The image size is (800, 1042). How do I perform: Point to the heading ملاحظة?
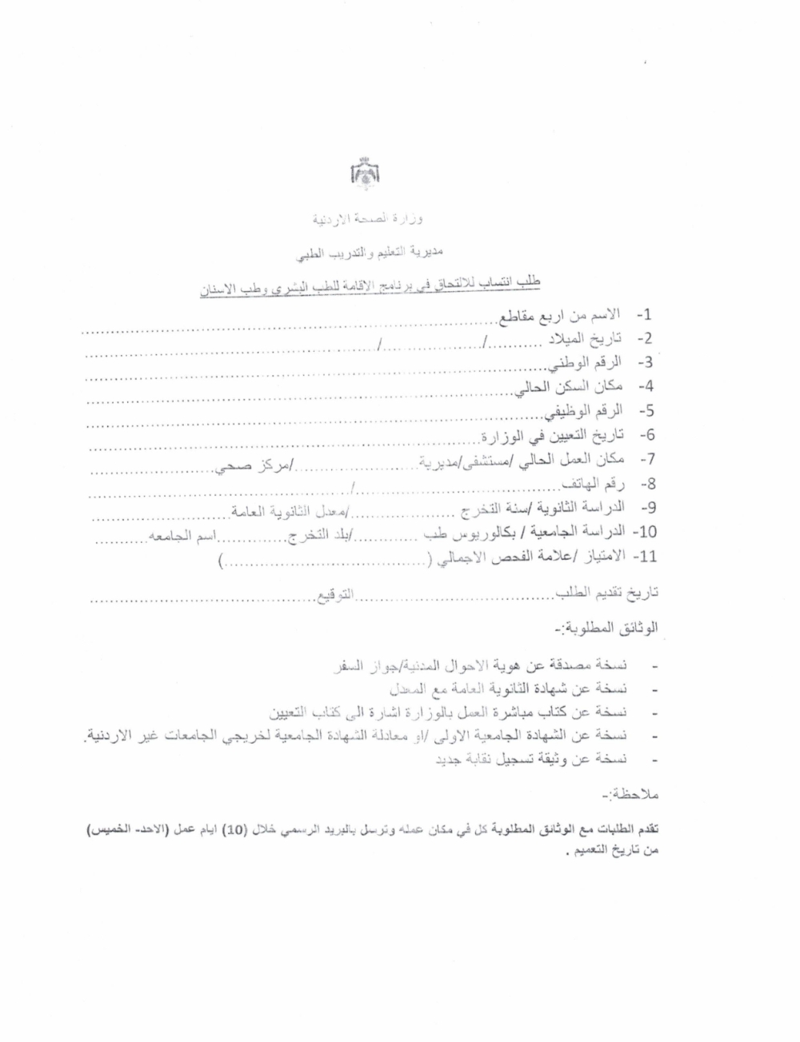pyautogui.click(x=629, y=796)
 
